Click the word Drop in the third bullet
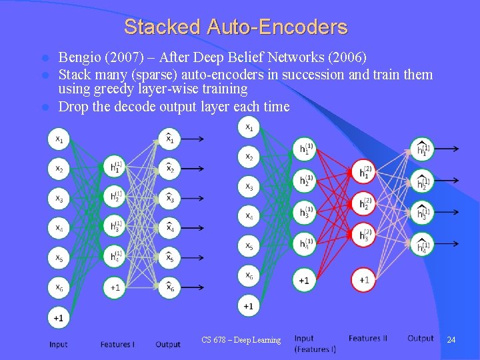click(x=73, y=107)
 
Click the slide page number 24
click(x=451, y=340)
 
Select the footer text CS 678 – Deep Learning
click(x=241, y=340)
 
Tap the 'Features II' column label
click(x=367, y=339)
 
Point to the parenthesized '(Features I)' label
click(x=315, y=349)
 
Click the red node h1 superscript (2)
click(x=364, y=173)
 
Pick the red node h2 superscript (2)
click(x=364, y=203)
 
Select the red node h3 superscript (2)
click(x=364, y=235)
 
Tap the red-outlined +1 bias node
click(x=364, y=279)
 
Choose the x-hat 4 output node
click(x=169, y=227)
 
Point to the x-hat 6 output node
click(x=169, y=287)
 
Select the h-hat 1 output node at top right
click(x=421, y=150)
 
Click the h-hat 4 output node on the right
click(x=421, y=245)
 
